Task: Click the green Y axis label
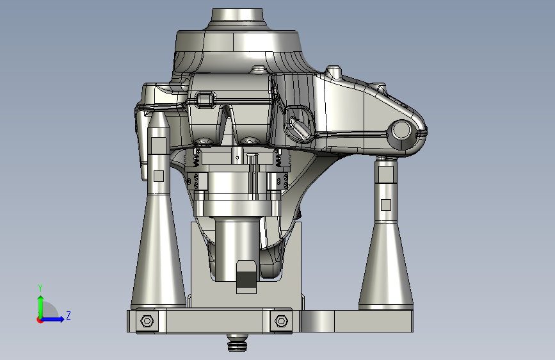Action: point(40,288)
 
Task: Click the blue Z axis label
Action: point(68,315)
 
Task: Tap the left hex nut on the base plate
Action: point(147,321)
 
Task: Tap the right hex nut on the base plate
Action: point(281,321)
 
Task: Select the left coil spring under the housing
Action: point(195,158)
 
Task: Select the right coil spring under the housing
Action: point(278,158)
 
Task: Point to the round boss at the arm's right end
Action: point(401,129)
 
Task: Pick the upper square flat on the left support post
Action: point(159,145)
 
